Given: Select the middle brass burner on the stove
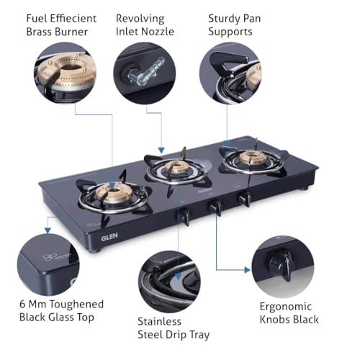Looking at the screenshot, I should point(175,168).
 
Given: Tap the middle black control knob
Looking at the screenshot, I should point(215,206).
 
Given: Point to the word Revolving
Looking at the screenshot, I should point(140,18).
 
